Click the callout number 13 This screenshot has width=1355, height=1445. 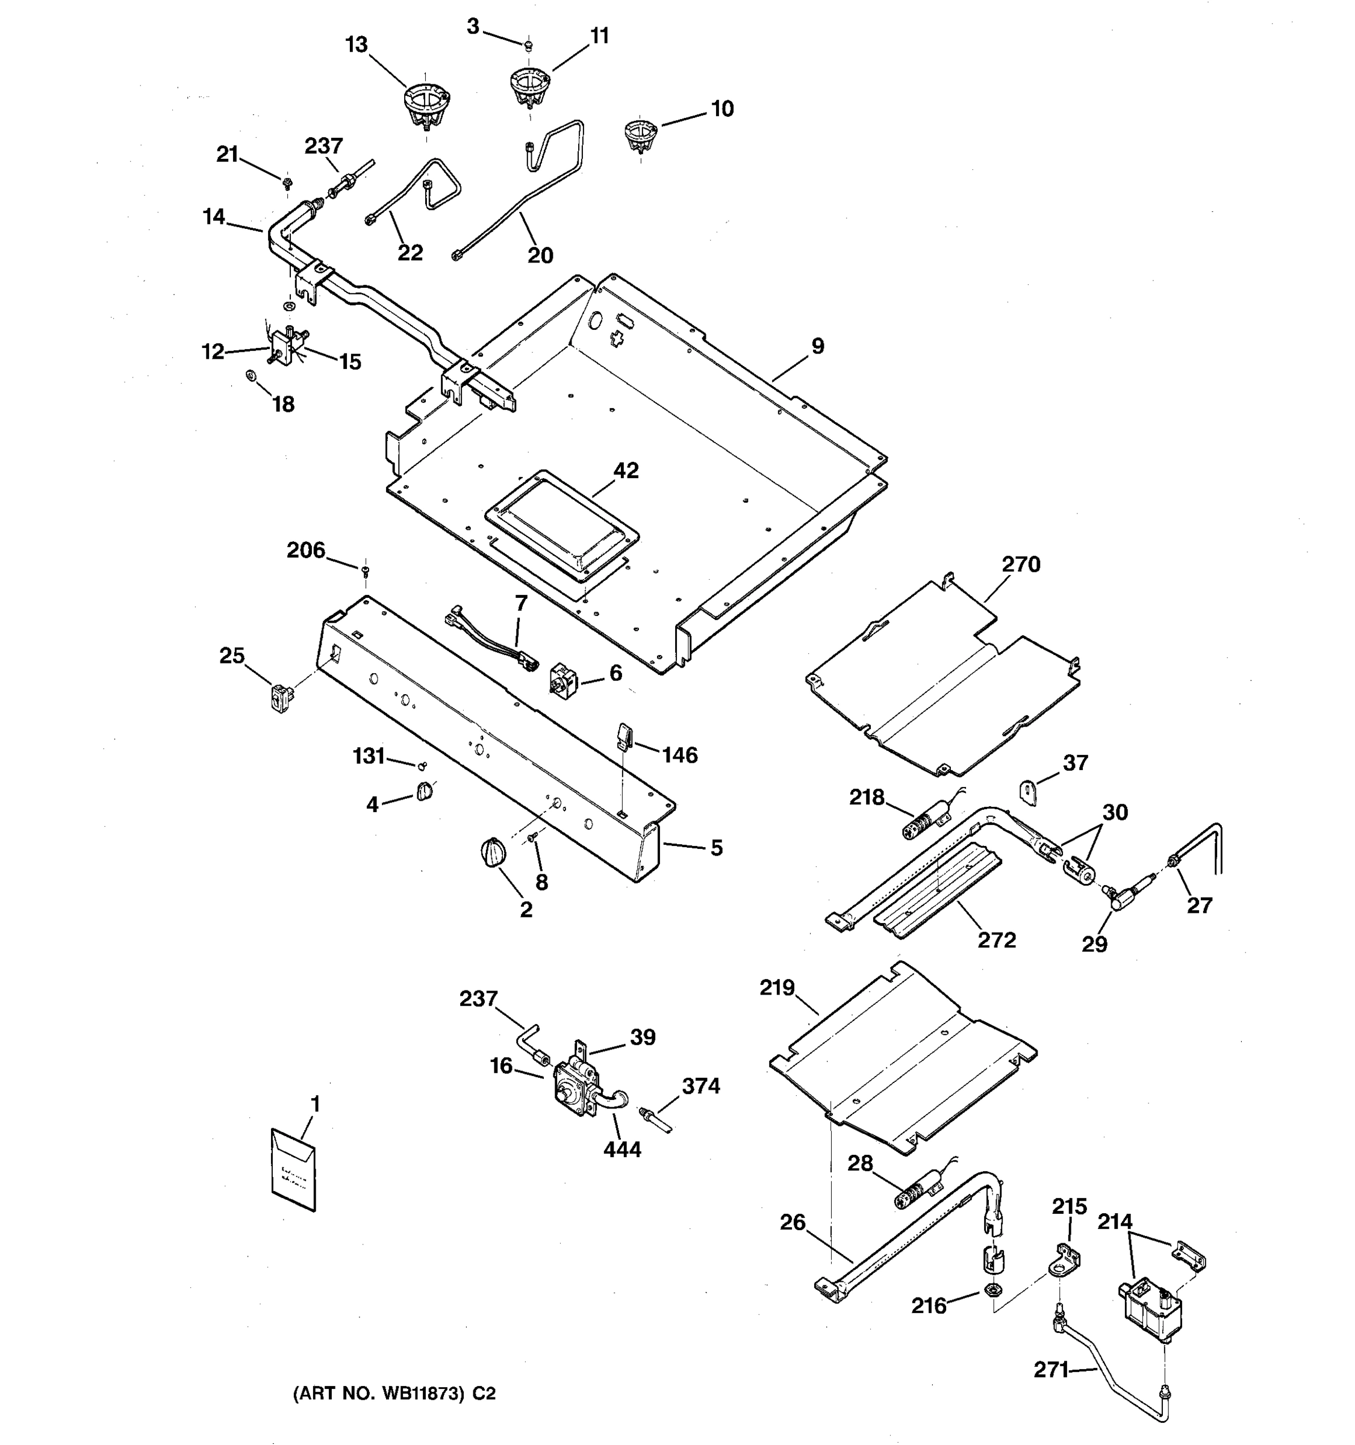(356, 45)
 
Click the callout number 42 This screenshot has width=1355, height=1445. (626, 470)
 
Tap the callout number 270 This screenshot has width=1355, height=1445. (1021, 564)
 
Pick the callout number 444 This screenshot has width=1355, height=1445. (622, 1149)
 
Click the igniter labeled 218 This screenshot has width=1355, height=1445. (921, 824)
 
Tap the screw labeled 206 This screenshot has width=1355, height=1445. (366, 569)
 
